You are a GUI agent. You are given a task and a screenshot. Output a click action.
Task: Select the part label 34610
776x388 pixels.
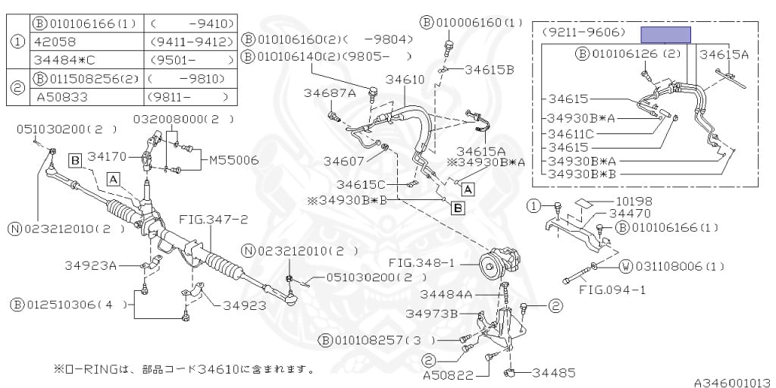(x=405, y=79)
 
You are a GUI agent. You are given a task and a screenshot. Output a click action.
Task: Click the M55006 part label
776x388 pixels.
(x=233, y=160)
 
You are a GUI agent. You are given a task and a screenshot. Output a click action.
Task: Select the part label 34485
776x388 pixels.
(x=553, y=373)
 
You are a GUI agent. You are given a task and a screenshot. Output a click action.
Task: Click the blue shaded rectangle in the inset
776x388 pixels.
(x=665, y=34)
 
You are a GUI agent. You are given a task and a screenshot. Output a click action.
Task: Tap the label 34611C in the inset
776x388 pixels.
(x=573, y=133)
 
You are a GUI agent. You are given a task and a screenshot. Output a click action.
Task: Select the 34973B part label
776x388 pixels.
(x=431, y=313)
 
